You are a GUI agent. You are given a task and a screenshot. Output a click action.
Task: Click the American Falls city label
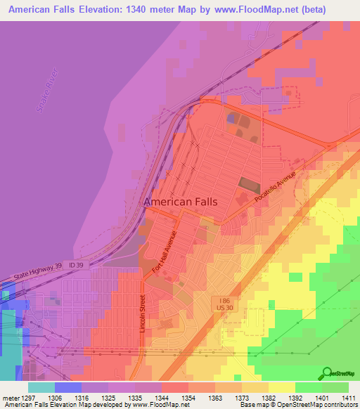coord(180,202)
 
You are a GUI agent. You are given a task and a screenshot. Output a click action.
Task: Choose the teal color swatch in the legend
coord(41,387)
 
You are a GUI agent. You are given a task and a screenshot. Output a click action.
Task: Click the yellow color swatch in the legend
coord(282,387)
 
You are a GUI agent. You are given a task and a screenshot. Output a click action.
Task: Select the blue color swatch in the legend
coord(68,387)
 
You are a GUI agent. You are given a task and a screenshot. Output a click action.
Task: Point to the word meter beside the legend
coord(12,397)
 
